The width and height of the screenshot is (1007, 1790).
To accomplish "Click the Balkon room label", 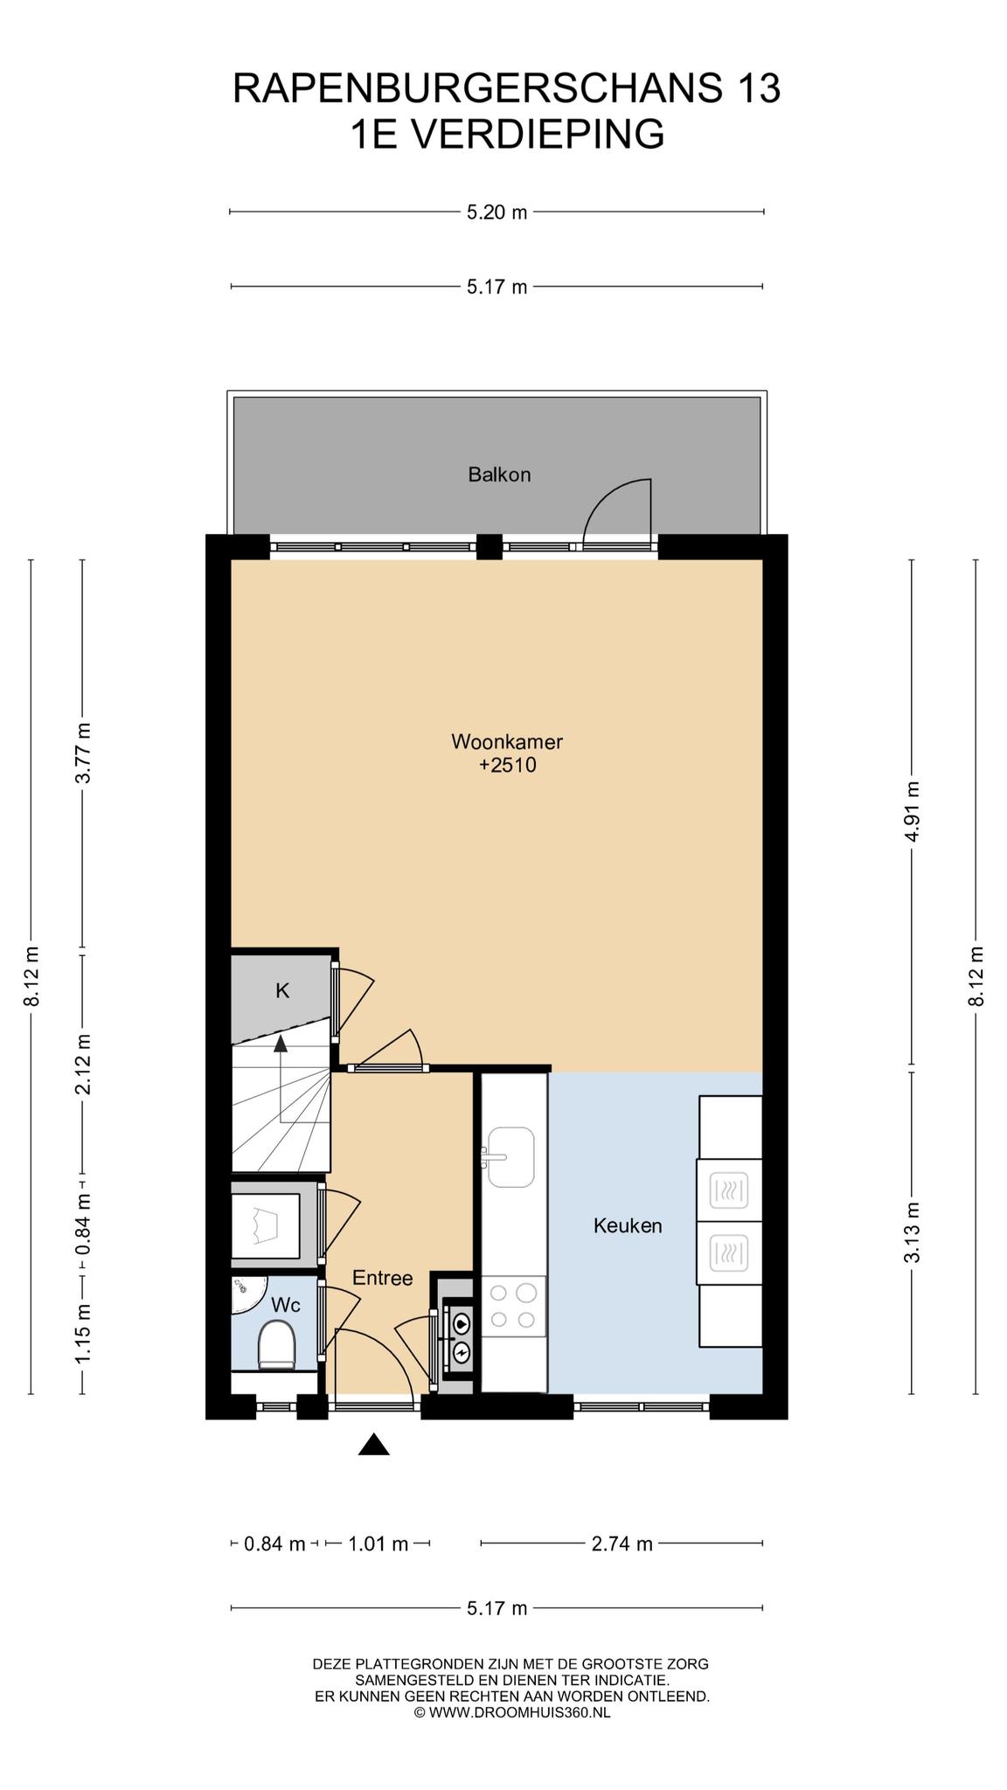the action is [499, 475].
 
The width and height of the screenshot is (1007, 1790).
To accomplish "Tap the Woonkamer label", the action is [507, 742].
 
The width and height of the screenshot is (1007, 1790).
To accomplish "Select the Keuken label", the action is [628, 1225].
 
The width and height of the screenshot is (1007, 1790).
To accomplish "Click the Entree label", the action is [382, 1278].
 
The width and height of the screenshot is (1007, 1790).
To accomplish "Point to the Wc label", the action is [286, 1305].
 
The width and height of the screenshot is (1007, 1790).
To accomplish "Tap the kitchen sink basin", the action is [511, 1157].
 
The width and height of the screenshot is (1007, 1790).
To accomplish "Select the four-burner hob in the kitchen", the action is [514, 1306].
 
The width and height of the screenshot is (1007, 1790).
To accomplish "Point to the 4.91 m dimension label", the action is [913, 811].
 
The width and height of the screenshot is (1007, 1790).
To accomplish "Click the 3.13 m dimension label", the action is [913, 1232].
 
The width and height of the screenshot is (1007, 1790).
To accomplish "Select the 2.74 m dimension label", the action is [622, 1544].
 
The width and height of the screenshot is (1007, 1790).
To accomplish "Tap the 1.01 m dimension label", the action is [378, 1544].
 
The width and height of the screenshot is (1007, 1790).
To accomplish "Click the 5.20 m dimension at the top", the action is [497, 212].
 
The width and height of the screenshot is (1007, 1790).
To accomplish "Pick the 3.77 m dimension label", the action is [84, 753].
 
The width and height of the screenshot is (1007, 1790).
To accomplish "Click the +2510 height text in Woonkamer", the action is [507, 766].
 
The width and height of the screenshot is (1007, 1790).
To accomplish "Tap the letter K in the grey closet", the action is [282, 990].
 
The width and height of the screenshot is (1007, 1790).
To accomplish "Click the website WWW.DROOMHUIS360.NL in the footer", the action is [520, 1712].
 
